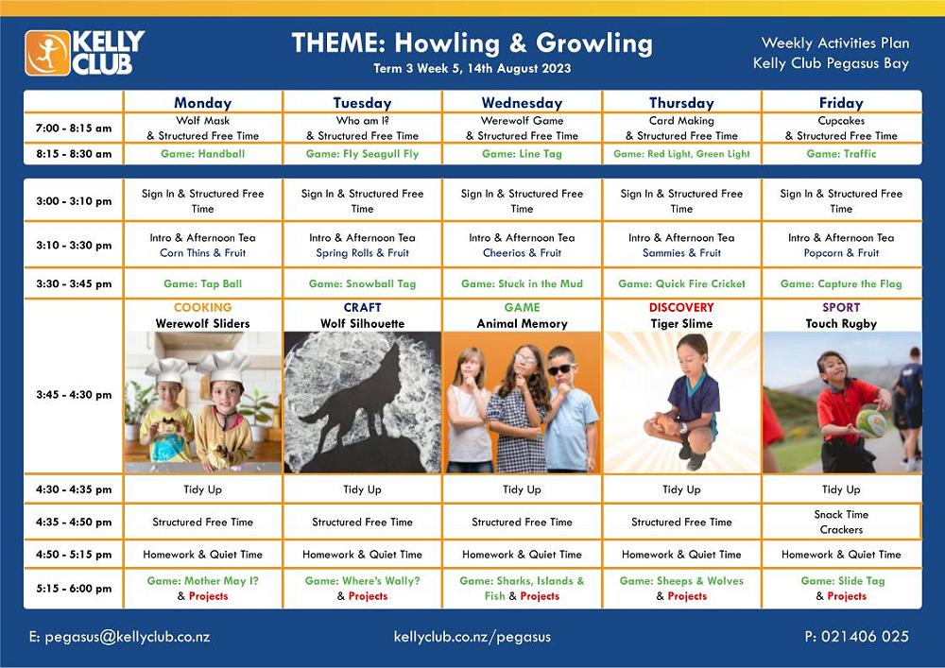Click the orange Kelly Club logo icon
point(47,53)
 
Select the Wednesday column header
point(522,103)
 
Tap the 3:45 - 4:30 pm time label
point(74,395)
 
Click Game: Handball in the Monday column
point(203,154)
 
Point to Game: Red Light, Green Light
point(681,154)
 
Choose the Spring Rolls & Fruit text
point(362,253)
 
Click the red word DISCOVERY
point(681,307)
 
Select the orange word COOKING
point(202,307)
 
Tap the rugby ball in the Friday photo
point(871,423)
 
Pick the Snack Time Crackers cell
point(841,522)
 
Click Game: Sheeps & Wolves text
point(681,581)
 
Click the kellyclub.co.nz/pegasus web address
point(472,637)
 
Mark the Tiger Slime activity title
point(681,323)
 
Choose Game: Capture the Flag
point(841,283)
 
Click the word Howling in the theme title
point(447,43)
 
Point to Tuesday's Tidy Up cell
point(362,489)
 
